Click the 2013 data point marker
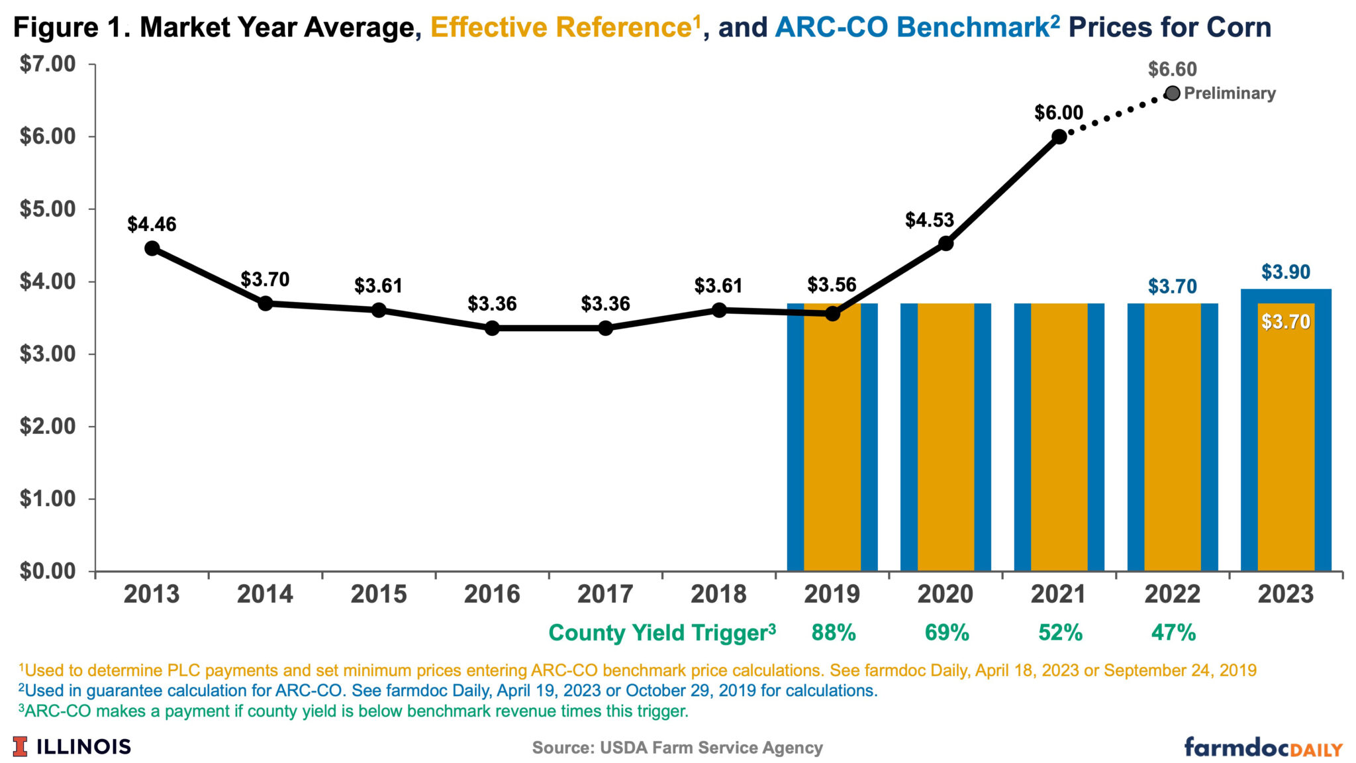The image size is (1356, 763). [152, 248]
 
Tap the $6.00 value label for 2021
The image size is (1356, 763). [1059, 113]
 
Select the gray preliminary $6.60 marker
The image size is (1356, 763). [1172, 93]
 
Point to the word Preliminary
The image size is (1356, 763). [1230, 93]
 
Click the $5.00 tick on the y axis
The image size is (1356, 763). [48, 209]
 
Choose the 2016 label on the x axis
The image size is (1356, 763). [491, 594]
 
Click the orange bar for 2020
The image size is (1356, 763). [945, 437]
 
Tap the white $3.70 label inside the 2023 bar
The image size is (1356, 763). [1285, 322]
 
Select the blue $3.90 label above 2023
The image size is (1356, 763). [1285, 272]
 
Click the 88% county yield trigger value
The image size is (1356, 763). [833, 633]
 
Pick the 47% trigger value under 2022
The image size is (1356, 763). [1173, 633]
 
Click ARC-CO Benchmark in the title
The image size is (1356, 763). [911, 28]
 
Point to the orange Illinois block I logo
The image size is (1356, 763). [21, 746]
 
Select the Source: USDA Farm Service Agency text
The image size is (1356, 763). [677, 748]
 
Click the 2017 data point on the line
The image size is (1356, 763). [605, 328]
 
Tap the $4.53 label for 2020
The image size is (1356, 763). [929, 220]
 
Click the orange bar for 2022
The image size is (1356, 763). [1172, 437]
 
